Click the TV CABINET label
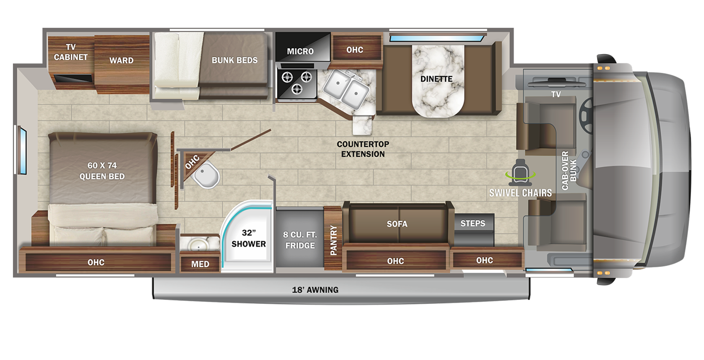point(71,52)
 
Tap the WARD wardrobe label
point(121,60)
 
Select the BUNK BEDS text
point(235,60)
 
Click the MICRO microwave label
point(300,51)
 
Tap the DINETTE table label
point(436,79)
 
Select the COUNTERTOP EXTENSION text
point(363,149)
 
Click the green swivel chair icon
point(521,172)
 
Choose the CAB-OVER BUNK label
point(569,171)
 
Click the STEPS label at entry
point(473,223)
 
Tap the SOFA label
point(397,224)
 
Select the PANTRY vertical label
point(334,240)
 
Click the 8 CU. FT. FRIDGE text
point(300,240)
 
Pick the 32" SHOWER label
point(248,238)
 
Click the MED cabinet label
point(200,264)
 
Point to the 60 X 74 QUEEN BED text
point(102,171)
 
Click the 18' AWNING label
point(315,290)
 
